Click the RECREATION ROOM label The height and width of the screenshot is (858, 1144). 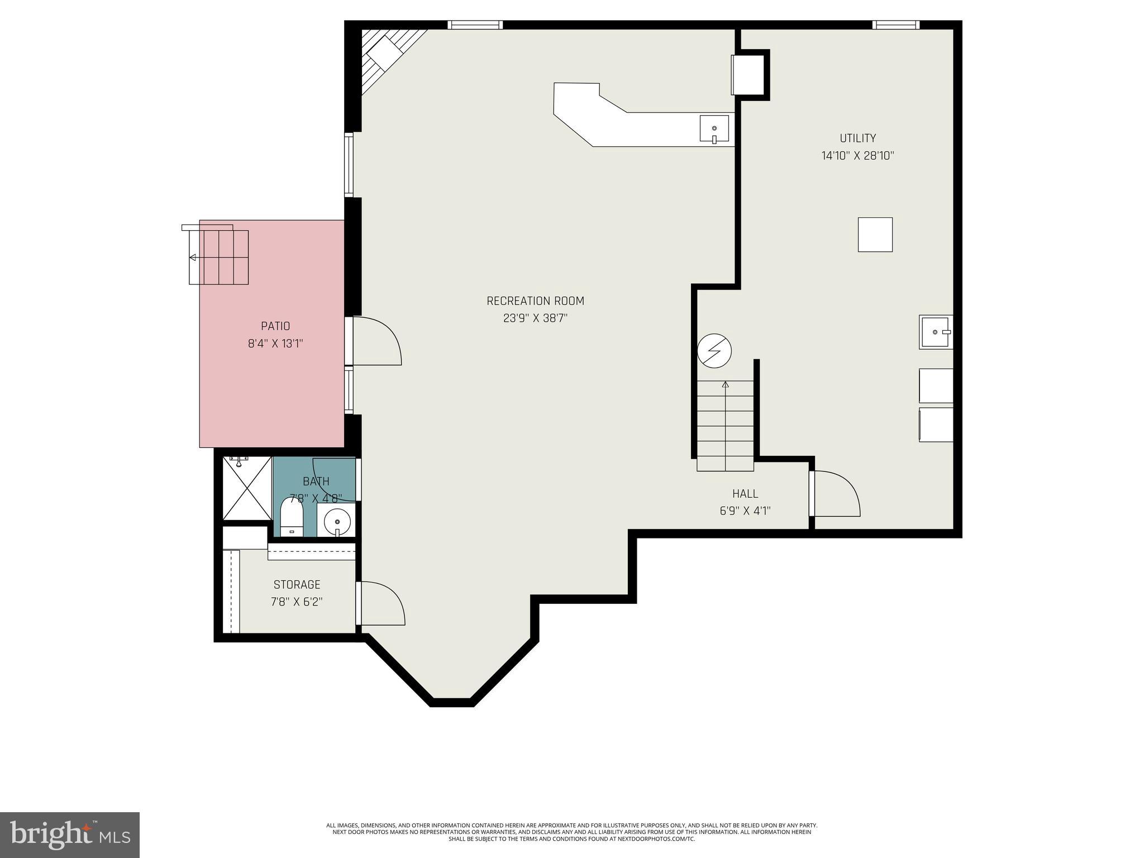[535, 301]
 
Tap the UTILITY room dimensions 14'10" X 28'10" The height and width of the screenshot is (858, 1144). [857, 156]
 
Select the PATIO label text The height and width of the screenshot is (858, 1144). [275, 326]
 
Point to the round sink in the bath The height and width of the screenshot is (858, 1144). [337, 521]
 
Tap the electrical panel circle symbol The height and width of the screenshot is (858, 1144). [714, 351]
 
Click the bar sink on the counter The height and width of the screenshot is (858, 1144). [714, 129]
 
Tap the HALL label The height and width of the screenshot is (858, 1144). [745, 494]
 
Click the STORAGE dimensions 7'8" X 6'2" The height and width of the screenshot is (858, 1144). [297, 602]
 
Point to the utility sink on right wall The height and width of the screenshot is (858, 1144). [935, 332]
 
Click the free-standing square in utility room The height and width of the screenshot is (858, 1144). [875, 235]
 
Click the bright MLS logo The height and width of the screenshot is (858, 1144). [70, 835]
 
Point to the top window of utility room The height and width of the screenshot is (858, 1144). [895, 25]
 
